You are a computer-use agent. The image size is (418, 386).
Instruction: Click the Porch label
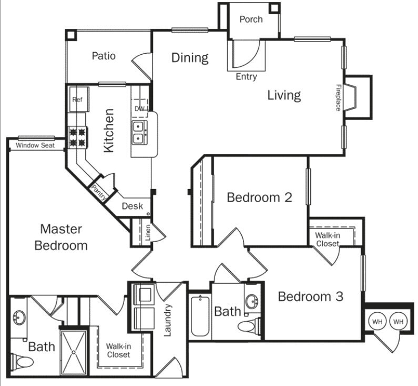click(251, 19)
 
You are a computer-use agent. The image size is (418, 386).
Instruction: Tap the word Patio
click(103, 56)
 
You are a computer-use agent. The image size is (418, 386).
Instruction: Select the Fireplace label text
click(339, 97)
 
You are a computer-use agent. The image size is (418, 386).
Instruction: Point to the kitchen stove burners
click(77, 136)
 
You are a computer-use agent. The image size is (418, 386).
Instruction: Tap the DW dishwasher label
click(140, 109)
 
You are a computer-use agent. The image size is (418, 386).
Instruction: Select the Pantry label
click(99, 192)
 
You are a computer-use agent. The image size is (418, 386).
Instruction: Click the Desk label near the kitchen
click(132, 206)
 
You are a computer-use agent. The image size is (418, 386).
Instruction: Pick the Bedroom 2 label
click(259, 197)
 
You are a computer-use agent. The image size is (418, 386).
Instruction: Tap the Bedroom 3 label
click(310, 296)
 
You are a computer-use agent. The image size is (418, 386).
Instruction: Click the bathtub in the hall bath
click(200, 317)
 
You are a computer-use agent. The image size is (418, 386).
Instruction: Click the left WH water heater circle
click(377, 321)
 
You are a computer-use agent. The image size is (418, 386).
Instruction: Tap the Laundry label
click(168, 320)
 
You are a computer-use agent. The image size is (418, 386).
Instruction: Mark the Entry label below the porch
click(246, 77)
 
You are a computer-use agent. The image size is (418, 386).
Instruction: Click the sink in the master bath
click(20, 319)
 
